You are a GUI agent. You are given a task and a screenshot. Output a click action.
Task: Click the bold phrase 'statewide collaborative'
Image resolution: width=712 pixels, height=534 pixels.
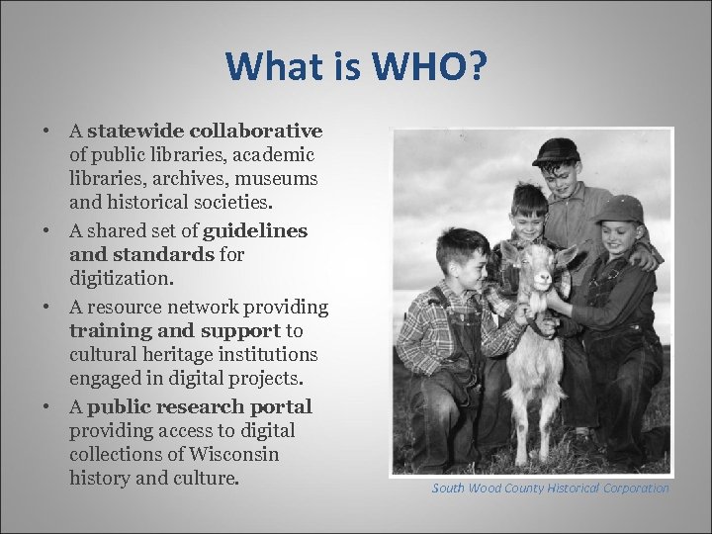click(205, 131)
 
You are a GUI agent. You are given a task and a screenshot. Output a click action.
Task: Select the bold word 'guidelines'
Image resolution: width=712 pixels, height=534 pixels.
click(254, 230)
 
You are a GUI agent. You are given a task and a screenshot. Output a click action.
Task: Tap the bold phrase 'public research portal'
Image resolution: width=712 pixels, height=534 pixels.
click(200, 406)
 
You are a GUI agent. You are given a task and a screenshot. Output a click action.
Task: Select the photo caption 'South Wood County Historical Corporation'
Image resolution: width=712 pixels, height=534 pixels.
click(550, 488)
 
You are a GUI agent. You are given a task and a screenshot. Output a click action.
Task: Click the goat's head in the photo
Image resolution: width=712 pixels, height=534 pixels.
click(541, 270)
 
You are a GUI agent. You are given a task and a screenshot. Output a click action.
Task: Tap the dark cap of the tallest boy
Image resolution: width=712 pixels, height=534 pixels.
click(556, 150)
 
